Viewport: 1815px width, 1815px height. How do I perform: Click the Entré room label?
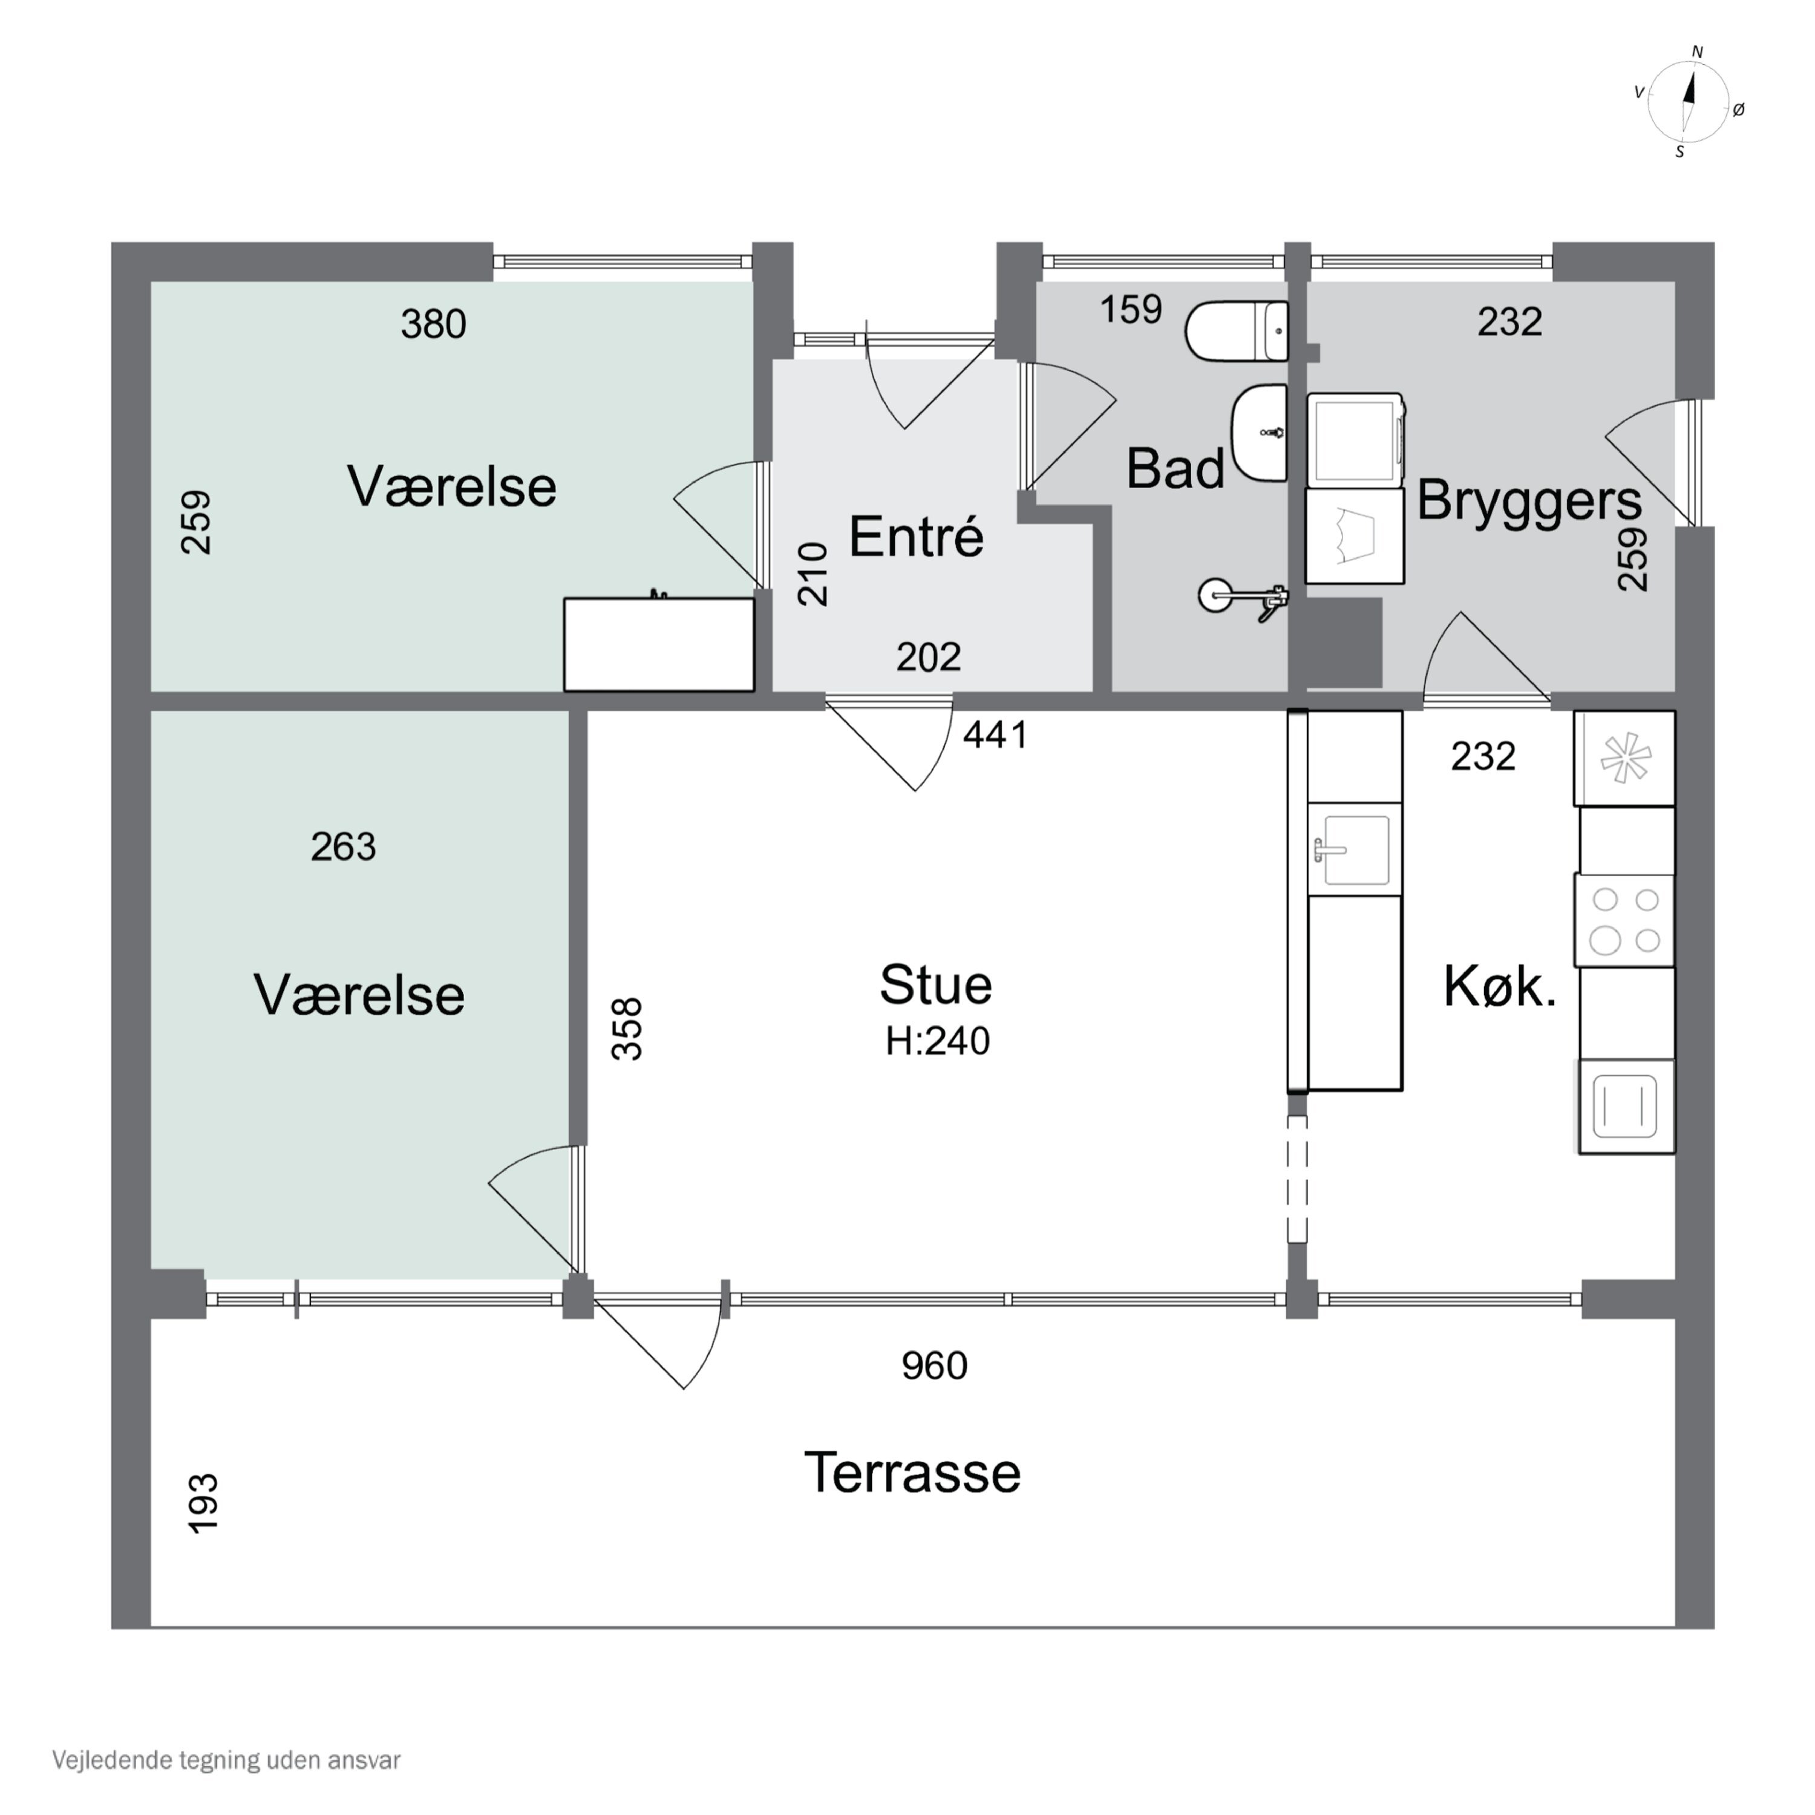[916, 537]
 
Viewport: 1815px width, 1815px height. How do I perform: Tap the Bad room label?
[1176, 469]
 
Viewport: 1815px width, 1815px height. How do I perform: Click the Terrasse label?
[912, 1472]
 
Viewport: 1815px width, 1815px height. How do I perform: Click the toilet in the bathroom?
[1236, 332]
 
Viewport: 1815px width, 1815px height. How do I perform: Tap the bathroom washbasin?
[1260, 432]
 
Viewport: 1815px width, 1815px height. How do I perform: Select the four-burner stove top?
[1625, 921]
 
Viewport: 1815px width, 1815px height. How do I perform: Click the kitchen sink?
[1355, 850]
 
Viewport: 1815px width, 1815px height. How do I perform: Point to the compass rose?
[1689, 102]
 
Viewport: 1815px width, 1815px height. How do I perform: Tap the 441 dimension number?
[996, 734]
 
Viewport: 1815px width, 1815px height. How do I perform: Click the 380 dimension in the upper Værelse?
[433, 324]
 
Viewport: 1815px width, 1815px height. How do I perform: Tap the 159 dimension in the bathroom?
[1131, 309]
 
